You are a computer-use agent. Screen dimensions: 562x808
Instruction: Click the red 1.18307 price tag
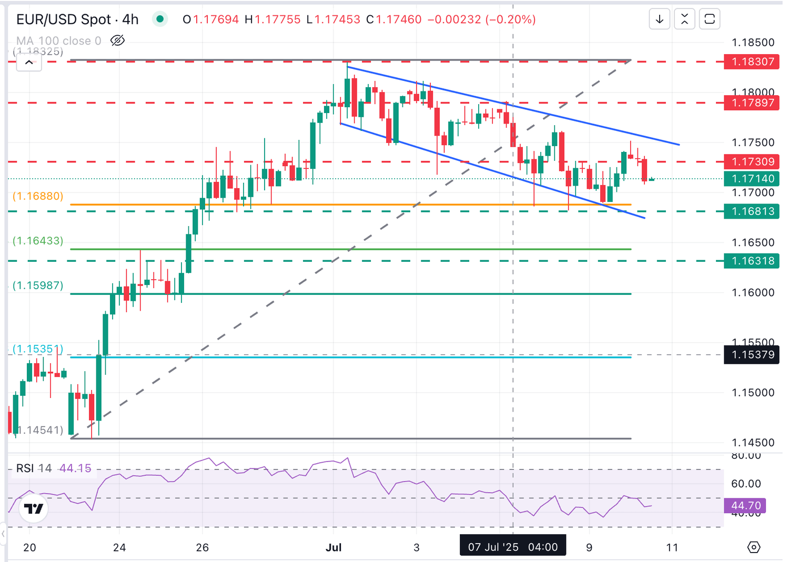[x=751, y=62]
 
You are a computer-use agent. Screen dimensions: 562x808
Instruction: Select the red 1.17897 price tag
[x=751, y=103]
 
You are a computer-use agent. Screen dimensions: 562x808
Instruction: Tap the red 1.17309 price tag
[x=751, y=161]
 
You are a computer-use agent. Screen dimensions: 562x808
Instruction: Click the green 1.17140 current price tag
[x=751, y=179]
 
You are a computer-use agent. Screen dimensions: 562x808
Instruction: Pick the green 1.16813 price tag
[x=751, y=211]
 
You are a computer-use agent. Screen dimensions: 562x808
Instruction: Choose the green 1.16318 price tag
[x=751, y=261]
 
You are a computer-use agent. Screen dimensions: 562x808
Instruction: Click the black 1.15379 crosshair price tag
[x=751, y=355]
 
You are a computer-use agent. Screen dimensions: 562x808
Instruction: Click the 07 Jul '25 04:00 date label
[x=512, y=547]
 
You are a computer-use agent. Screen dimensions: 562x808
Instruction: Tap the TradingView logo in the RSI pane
[x=34, y=508]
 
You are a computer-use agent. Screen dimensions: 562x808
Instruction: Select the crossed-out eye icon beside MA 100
[x=117, y=40]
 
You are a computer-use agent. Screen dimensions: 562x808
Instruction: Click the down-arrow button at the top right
[x=659, y=19]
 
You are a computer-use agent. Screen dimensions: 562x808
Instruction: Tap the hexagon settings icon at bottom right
[x=753, y=547]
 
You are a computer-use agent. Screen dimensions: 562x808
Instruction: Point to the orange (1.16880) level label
[x=38, y=196]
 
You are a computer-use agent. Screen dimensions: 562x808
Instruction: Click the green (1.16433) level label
[x=38, y=241]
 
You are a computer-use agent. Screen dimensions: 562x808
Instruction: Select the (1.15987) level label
[x=38, y=285]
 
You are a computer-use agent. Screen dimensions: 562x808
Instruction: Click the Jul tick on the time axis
[x=334, y=547]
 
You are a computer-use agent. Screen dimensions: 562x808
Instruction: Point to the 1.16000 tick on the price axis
[x=753, y=292]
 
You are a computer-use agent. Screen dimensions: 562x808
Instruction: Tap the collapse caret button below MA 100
[x=29, y=63]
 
